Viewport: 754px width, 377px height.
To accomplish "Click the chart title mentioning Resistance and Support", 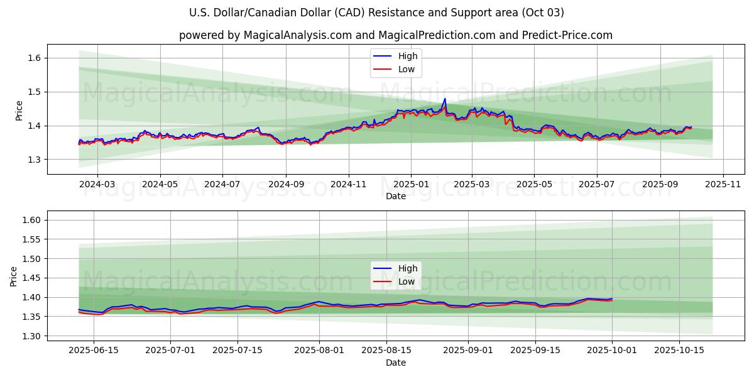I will (376, 13).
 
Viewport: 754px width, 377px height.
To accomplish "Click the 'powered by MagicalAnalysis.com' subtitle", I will (395, 35).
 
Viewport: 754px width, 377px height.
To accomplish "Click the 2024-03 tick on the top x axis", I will (97, 184).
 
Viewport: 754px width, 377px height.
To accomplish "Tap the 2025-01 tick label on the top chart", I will (410, 184).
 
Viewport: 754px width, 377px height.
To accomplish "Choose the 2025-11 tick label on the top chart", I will (723, 184).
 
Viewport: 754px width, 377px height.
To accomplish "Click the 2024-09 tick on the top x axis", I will (286, 184).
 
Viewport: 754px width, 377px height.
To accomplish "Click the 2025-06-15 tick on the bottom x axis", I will (94, 350).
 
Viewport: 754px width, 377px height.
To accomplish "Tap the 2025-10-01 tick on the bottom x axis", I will (612, 350).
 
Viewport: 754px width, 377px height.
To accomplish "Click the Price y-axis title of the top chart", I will (19, 111).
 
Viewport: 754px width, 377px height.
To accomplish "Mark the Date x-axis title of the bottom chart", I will (396, 363).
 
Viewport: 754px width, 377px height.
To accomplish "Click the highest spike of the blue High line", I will (445, 99).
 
